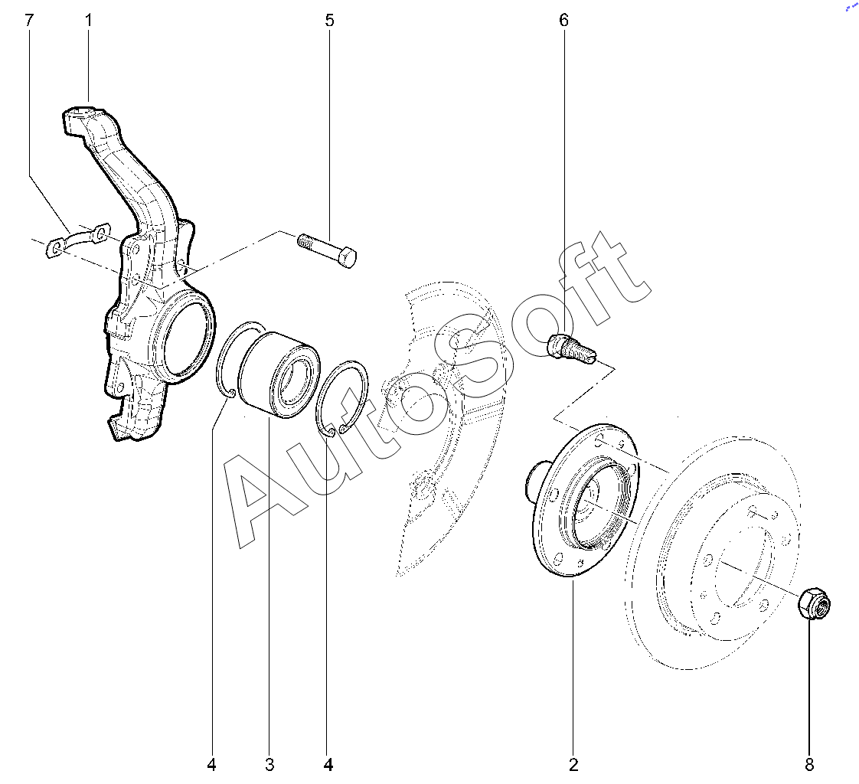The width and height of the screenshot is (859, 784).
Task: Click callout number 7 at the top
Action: point(29,21)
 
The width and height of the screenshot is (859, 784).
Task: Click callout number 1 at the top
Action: point(88,21)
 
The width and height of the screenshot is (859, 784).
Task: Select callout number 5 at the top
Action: point(329,21)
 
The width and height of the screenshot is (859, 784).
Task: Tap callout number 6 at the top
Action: point(563,21)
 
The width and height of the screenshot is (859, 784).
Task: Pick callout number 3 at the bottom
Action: point(269,765)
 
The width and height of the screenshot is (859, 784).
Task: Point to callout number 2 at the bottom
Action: point(573,765)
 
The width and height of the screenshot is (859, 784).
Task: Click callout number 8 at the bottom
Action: point(809,765)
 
